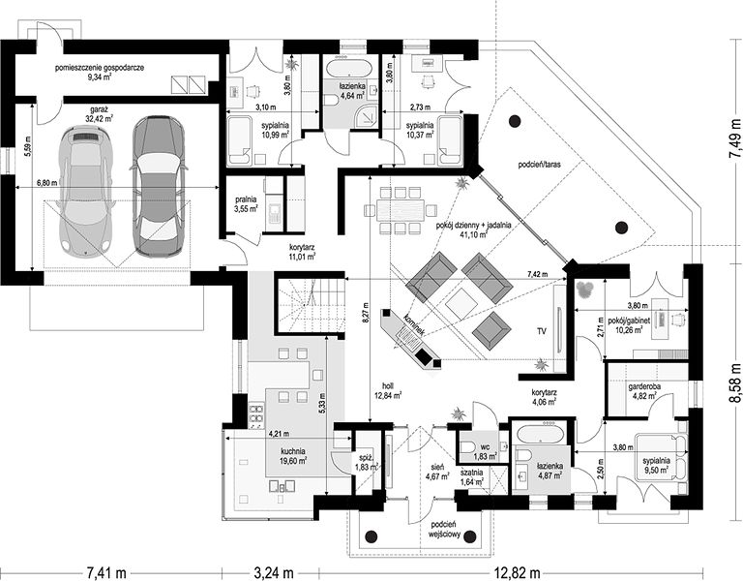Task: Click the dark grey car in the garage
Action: pyautogui.click(x=158, y=186)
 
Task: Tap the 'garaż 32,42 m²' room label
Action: pyautogui.click(x=101, y=114)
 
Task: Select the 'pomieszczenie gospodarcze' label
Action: pyautogui.click(x=100, y=68)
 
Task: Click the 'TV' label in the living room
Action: pyautogui.click(x=541, y=331)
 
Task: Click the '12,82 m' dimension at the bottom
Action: pyautogui.click(x=517, y=573)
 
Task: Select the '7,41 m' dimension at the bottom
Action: pyautogui.click(x=106, y=573)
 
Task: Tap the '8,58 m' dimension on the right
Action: pyautogui.click(x=734, y=383)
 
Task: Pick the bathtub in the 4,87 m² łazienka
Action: pyautogui.click(x=539, y=433)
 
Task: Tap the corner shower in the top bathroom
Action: pyautogui.click(x=367, y=115)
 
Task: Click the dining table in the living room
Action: pyautogui.click(x=401, y=209)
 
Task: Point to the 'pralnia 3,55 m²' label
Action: pyautogui.click(x=246, y=204)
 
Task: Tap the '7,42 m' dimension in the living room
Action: pyautogui.click(x=537, y=274)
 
